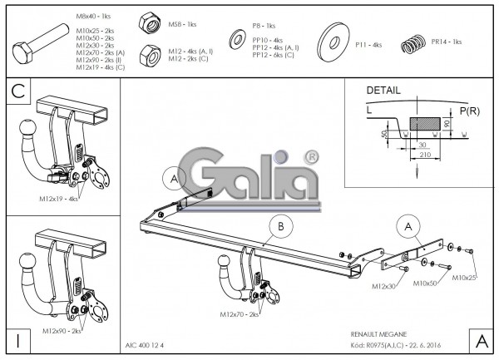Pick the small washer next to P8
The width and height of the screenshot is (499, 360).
[x=236, y=41]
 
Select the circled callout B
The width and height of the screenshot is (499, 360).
[x=281, y=224]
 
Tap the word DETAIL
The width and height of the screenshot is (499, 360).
[x=382, y=90]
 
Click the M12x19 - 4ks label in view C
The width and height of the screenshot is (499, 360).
[x=58, y=200]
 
